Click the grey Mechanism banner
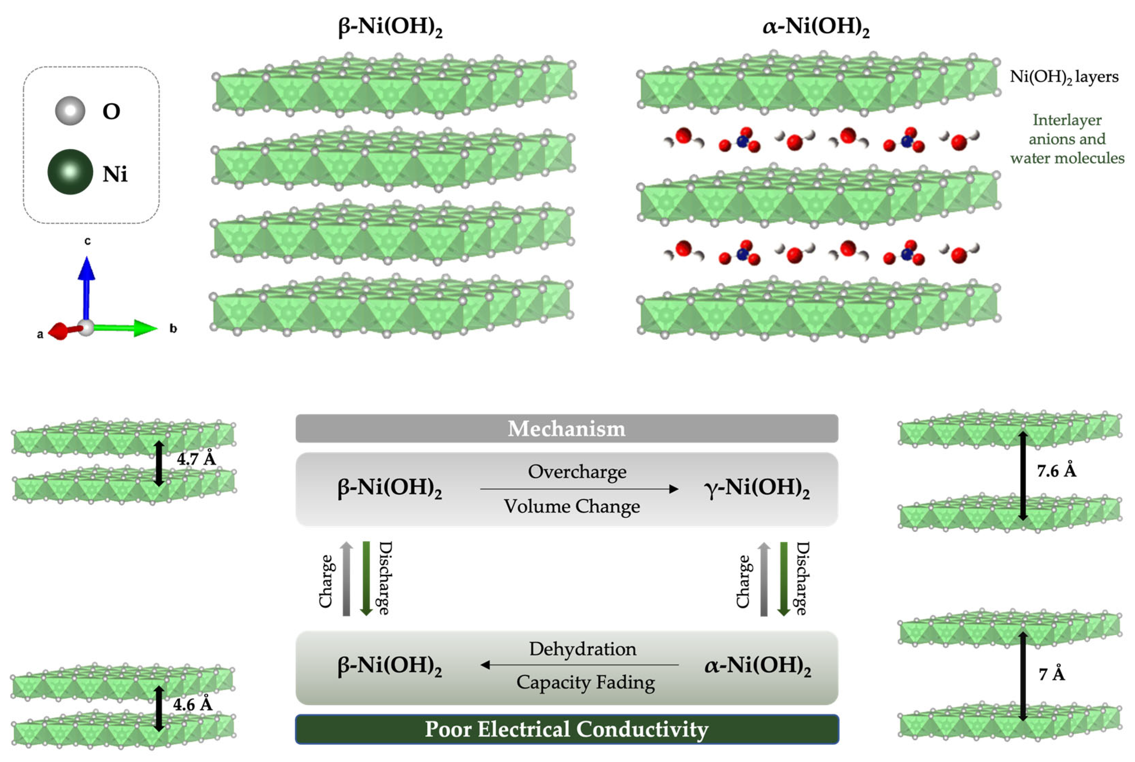566,428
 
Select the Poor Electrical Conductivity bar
566,729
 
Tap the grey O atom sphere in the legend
70,111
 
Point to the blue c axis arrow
87,287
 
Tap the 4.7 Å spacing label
196,459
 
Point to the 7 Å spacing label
1052,674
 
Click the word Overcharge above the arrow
577,472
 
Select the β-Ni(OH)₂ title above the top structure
390,26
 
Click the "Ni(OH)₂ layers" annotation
1064,77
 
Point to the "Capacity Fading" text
586,682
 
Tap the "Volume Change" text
572,506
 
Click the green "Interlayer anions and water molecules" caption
1067,139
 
